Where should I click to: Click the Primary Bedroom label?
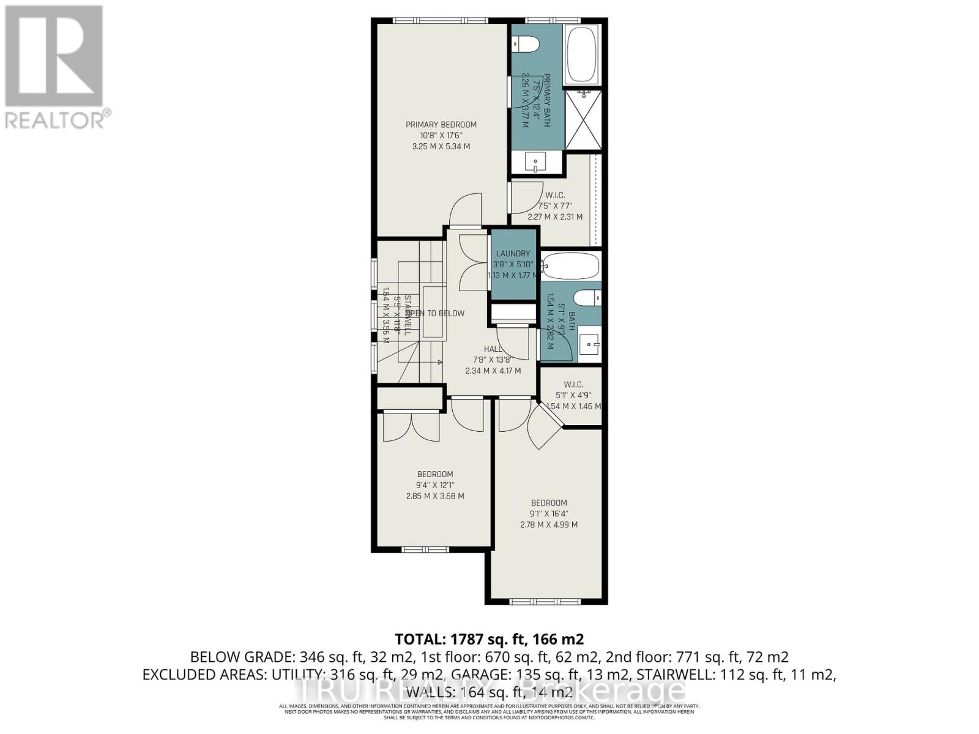[x=441, y=125]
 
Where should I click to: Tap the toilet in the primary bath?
[x=525, y=44]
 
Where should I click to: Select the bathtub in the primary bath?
[x=584, y=54]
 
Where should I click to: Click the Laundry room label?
[x=513, y=254]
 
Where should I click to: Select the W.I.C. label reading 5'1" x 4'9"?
[x=573, y=395]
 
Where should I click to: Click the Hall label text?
[x=492, y=349]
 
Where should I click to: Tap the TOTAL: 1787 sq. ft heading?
[x=489, y=639]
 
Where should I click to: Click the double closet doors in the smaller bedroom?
[x=411, y=428]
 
